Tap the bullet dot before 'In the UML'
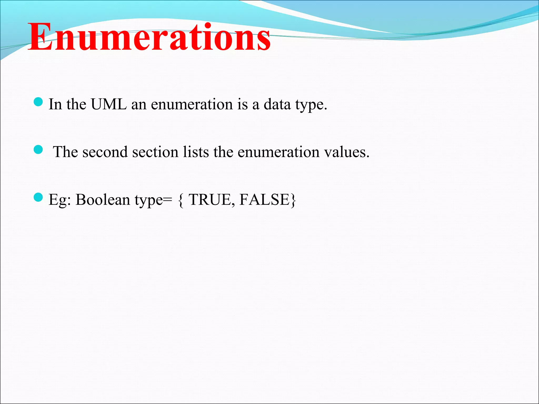pyautogui.click(x=38, y=102)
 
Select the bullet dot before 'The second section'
pyautogui.click(x=38, y=150)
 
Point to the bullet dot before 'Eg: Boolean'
pyautogui.click(x=38, y=197)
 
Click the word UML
pyautogui.click(x=109, y=104)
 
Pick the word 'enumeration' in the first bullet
pyautogui.click(x=192, y=104)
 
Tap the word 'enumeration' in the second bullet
pyautogui.click(x=278, y=152)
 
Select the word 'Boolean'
pyautogui.click(x=103, y=200)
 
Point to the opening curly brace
pyautogui.click(x=181, y=200)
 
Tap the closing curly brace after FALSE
pyautogui.click(x=293, y=200)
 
